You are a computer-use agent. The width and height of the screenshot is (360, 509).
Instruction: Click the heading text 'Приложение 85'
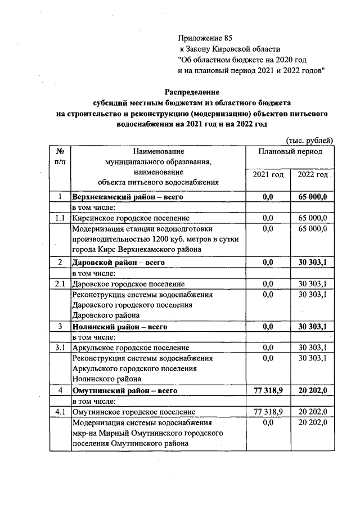(205, 39)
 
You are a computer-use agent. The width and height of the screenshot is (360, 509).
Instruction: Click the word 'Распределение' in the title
(192, 92)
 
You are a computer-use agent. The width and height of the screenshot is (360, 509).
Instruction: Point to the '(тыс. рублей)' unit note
(310, 140)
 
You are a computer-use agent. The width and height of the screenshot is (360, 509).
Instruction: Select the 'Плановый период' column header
(290, 152)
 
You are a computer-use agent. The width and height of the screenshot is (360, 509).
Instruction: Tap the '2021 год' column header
(268, 175)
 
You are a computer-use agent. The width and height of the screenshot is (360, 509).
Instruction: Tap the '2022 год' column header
(313, 175)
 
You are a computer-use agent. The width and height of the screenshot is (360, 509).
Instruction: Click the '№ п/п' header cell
(60, 157)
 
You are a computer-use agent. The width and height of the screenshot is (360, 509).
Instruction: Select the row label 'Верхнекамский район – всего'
(128, 197)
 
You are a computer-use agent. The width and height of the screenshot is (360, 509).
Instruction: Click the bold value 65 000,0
(313, 197)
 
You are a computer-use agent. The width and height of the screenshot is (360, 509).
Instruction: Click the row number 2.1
(60, 283)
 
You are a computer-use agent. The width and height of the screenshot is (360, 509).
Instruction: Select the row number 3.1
(60, 348)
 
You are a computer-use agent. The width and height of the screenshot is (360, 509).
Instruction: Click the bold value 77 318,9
(268, 390)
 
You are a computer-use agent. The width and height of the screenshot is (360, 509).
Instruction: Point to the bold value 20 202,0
(313, 390)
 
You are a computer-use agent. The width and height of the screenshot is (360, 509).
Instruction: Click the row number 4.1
(60, 412)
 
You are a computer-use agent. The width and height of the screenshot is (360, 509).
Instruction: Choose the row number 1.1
(60, 218)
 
